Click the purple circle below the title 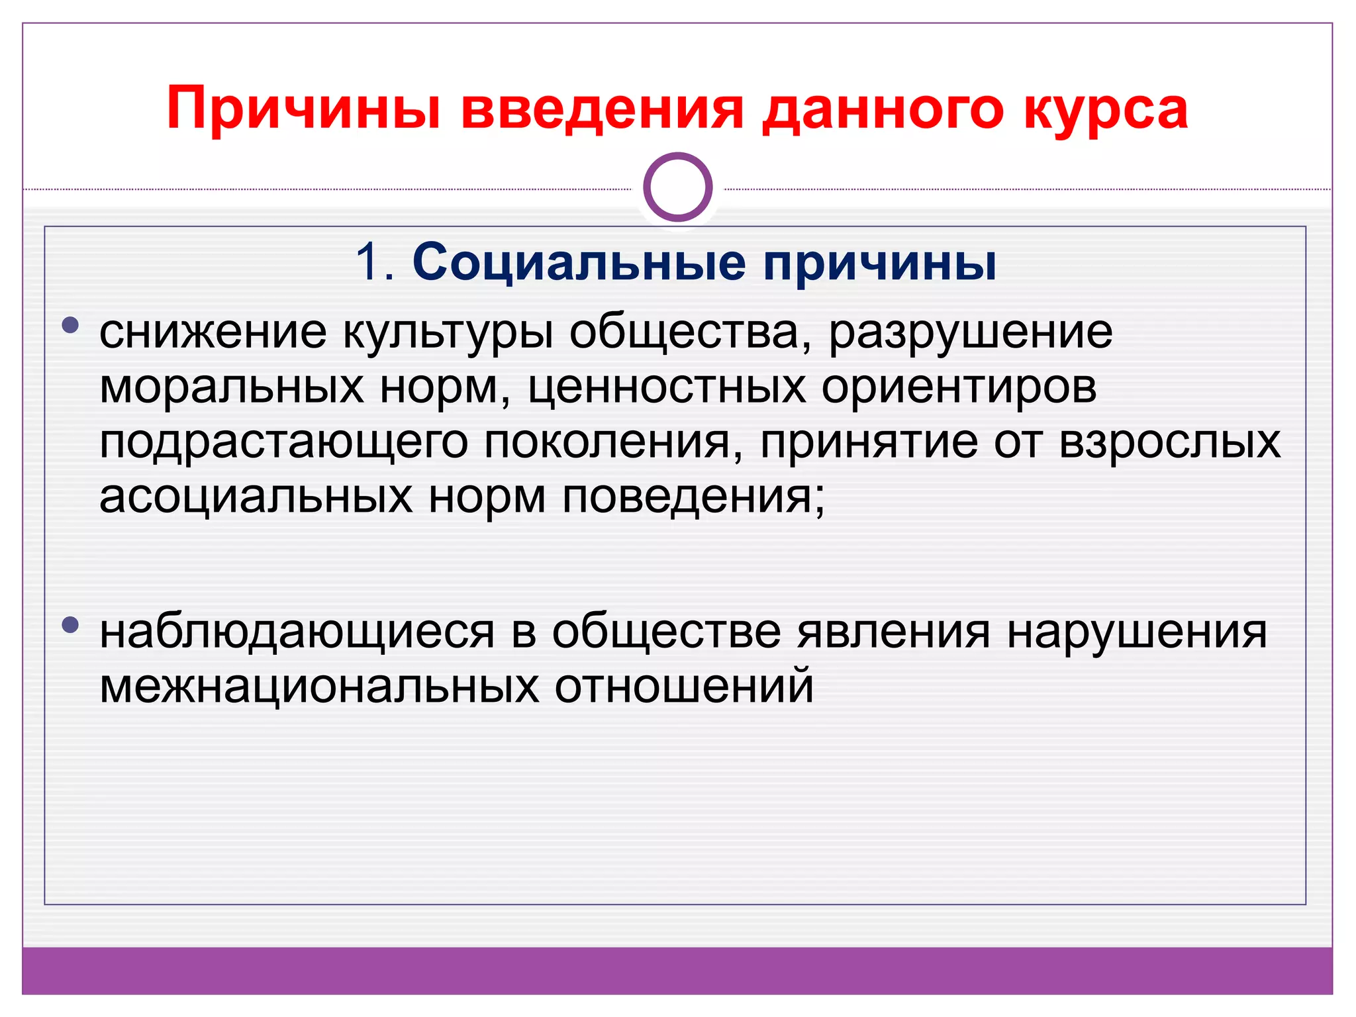pyautogui.click(x=677, y=187)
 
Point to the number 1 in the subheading pyautogui.click(x=368, y=262)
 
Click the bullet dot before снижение pyautogui.click(x=70, y=325)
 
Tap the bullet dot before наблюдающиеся pyautogui.click(x=70, y=624)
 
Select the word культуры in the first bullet pyautogui.click(x=448, y=332)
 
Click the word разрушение pyautogui.click(x=971, y=332)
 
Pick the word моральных pyautogui.click(x=232, y=387)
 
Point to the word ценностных pyautogui.click(x=667, y=387)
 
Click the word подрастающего pyautogui.click(x=283, y=442)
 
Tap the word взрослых pyautogui.click(x=1169, y=442)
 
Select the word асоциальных pyautogui.click(x=256, y=497)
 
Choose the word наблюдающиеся pyautogui.click(x=297, y=632)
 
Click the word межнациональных pyautogui.click(x=319, y=687)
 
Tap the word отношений pyautogui.click(x=684, y=687)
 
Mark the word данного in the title pyautogui.click(x=883, y=109)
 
